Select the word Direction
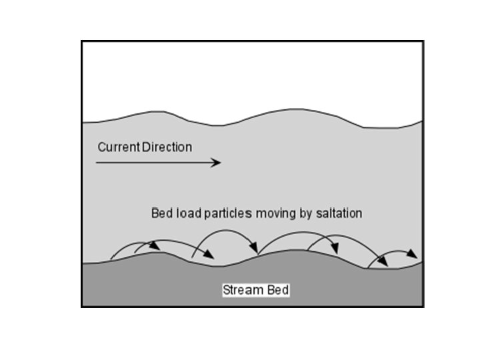[x=167, y=147]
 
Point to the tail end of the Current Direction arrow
[x=97, y=162]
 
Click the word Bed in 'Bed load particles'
[x=162, y=214]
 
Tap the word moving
[x=271, y=214]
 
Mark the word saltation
[x=337, y=214]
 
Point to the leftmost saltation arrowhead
[x=156, y=246]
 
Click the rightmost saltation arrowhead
[x=415, y=255]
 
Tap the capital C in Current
[x=101, y=147]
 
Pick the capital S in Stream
[x=226, y=291]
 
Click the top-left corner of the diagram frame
[x=82, y=41]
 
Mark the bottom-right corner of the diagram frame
[x=423, y=307]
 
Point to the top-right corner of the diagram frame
[x=423, y=41]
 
